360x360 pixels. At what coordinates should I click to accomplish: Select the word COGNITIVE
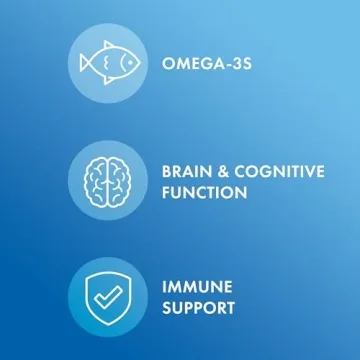(x=281, y=171)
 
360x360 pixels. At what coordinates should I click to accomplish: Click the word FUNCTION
(x=203, y=192)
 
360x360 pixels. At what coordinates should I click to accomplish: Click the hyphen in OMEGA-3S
(x=228, y=64)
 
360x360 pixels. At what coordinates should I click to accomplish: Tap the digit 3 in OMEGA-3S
(x=236, y=64)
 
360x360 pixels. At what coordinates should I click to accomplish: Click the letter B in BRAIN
(x=166, y=171)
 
